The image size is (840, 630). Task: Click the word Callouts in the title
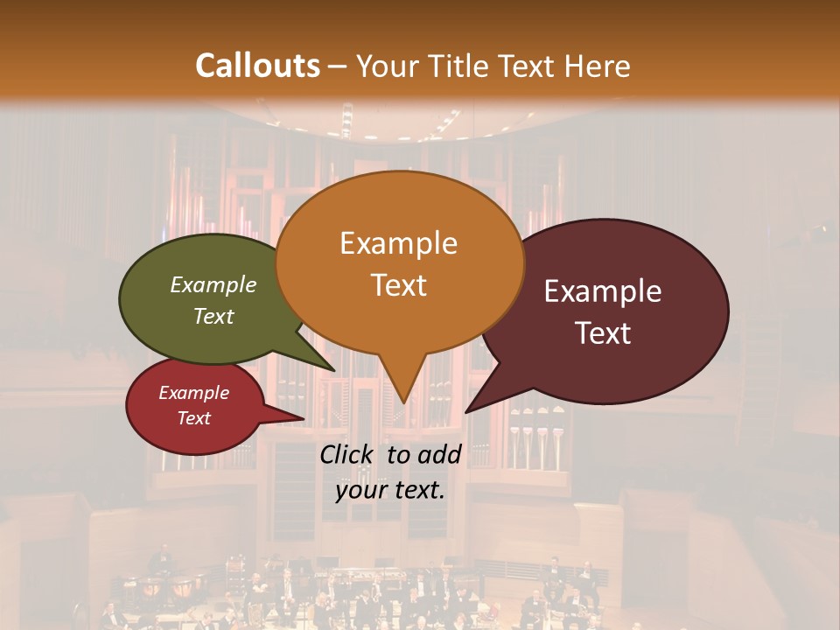[x=257, y=66]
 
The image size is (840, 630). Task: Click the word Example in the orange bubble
[x=399, y=243]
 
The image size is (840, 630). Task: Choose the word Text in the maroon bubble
[x=604, y=333]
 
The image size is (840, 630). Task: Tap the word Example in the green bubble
[x=213, y=284]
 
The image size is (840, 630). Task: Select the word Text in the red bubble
[x=194, y=418]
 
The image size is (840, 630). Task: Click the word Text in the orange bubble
[x=399, y=285]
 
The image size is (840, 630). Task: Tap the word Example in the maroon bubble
[x=603, y=291]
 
